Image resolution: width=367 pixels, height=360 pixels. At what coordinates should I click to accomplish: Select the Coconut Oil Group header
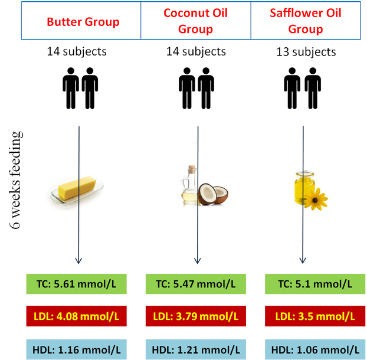click(196, 21)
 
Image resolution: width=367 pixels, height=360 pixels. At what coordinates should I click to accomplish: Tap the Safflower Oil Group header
click(306, 21)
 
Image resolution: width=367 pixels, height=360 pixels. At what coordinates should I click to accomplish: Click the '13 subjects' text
click(306, 52)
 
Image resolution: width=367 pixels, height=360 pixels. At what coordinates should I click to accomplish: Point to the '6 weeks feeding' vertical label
click(16, 180)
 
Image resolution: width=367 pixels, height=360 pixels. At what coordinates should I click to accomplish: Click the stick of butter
click(77, 188)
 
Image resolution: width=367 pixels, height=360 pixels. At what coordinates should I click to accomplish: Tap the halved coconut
click(213, 194)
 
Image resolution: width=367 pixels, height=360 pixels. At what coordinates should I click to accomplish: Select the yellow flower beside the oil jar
click(316, 199)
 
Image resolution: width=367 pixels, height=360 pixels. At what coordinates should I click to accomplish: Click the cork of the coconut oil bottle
click(192, 169)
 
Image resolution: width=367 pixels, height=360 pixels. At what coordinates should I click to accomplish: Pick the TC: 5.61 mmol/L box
click(76, 284)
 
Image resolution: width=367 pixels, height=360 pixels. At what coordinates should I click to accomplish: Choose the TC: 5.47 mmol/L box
click(196, 284)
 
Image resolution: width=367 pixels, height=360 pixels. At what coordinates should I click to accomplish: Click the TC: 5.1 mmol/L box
click(315, 284)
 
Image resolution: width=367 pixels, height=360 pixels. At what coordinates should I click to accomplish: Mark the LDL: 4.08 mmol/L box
click(76, 316)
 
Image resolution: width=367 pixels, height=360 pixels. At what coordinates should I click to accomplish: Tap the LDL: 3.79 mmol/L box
click(196, 316)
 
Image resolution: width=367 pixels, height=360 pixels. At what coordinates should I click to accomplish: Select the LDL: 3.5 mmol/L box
click(315, 316)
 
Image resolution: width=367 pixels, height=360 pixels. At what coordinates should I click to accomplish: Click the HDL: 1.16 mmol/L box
click(76, 349)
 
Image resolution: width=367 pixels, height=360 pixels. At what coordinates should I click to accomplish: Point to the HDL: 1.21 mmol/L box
click(196, 349)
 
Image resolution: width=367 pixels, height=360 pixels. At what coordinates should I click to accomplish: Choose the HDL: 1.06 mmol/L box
click(315, 349)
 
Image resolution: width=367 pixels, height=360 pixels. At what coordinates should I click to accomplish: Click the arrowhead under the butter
click(78, 261)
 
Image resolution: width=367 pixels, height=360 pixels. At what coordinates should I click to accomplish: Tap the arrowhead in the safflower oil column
click(303, 261)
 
